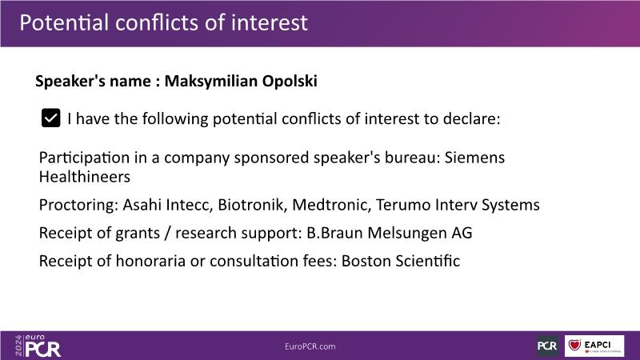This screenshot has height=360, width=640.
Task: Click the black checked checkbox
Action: pyautogui.click(x=51, y=118)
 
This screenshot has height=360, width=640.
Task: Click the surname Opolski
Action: pyautogui.click(x=290, y=82)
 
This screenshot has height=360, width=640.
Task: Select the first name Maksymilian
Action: pyautogui.click(x=211, y=82)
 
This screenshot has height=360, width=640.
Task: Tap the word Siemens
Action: pyautogui.click(x=474, y=158)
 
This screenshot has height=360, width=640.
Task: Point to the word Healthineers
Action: pyautogui.click(x=85, y=177)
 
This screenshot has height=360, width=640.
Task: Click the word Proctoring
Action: pyautogui.click(x=78, y=205)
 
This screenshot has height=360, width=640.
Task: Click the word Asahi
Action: pyautogui.click(x=142, y=205)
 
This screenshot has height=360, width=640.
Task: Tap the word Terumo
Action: pyautogui.click(x=403, y=205)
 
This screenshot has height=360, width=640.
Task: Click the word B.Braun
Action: pyautogui.click(x=334, y=233)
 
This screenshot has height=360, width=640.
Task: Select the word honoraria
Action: pyautogui.click(x=150, y=262)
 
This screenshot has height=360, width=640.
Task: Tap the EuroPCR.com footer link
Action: pyautogui.click(x=310, y=346)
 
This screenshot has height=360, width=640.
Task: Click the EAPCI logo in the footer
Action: pyautogui.click(x=594, y=346)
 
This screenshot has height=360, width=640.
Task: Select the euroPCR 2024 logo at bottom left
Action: pyautogui.click(x=38, y=346)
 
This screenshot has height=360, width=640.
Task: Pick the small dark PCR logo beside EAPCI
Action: pyautogui.click(x=547, y=346)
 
